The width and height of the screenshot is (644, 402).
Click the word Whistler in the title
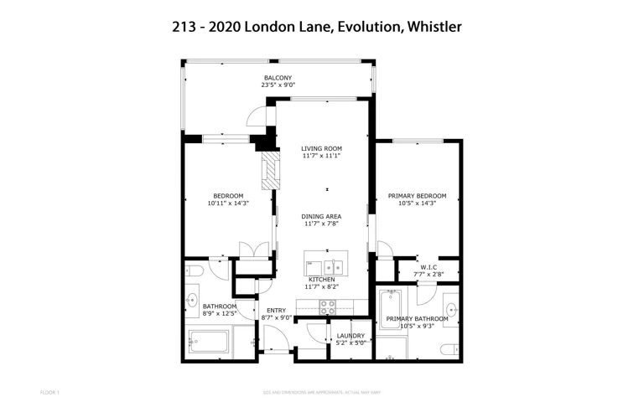(x=434, y=28)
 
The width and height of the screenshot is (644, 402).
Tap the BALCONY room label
(x=278, y=78)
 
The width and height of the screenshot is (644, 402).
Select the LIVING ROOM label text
(x=321, y=148)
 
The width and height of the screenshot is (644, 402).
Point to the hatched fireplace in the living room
(x=269, y=171)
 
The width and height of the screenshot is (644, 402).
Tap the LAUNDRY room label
(x=350, y=335)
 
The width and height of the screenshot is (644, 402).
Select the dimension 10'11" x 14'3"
(x=228, y=203)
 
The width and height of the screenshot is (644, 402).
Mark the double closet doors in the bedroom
(x=249, y=251)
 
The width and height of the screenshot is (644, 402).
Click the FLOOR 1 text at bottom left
(x=49, y=391)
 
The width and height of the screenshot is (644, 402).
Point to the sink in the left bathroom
(x=193, y=300)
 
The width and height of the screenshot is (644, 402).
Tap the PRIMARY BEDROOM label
(x=417, y=196)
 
